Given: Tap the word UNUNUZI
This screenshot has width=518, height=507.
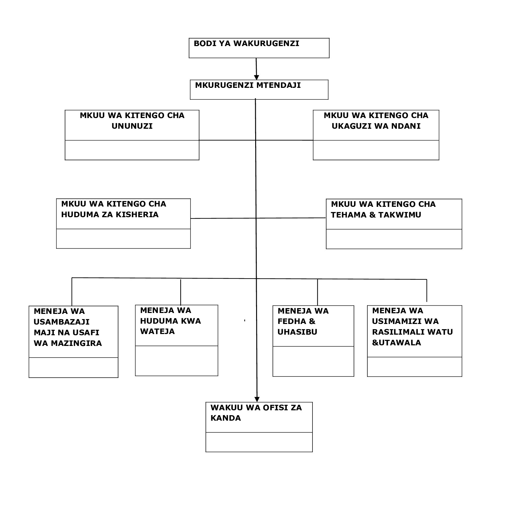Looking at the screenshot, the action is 132,126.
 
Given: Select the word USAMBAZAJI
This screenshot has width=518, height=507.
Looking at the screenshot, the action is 62,322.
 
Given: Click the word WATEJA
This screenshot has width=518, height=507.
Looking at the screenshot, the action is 157,332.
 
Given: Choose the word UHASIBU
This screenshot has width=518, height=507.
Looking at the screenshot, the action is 297,332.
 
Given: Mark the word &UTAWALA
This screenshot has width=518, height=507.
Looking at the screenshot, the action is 396,343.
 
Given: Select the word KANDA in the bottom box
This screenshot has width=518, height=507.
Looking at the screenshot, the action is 226,418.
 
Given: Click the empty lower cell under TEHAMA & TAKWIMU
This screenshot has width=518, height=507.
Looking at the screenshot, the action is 394,239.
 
